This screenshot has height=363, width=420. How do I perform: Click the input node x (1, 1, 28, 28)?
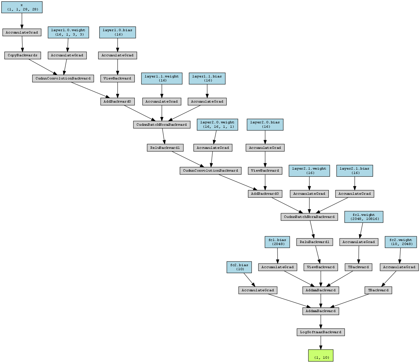click(x=22, y=7)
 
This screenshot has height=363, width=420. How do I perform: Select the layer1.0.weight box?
click(x=68, y=33)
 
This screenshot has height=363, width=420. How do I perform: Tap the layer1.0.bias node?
click(x=117, y=33)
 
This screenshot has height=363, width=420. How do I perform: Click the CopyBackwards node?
click(x=22, y=56)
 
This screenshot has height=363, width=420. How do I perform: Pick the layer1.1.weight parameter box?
click(x=162, y=78)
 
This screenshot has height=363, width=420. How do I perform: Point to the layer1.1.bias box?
click(x=207, y=78)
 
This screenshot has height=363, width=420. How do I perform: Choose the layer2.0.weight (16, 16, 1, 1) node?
click(x=218, y=125)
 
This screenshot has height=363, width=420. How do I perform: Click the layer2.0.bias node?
click(x=265, y=125)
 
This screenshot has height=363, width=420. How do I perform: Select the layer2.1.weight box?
click(x=309, y=171)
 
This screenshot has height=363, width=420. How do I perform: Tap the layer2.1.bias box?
click(x=355, y=171)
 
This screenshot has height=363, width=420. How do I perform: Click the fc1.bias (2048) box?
click(x=277, y=242)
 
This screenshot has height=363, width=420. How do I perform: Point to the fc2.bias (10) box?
click(x=239, y=267)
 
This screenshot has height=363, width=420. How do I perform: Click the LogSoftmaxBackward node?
click(x=321, y=332)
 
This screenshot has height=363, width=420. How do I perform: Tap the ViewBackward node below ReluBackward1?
click(x=321, y=267)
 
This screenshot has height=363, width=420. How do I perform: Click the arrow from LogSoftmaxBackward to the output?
click(x=321, y=343)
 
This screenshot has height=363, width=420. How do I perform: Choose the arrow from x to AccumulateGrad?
click(x=22, y=21)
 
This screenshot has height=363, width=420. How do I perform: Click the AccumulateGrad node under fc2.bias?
click(x=258, y=290)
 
